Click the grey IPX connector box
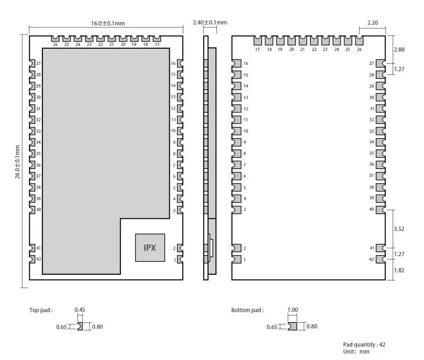150,248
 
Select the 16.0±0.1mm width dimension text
107,24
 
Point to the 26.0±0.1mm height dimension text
18,162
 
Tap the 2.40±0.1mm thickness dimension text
210,22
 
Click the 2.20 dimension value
373,22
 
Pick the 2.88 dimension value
399,50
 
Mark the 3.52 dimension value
399,229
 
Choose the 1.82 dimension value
399,270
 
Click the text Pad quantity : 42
364,344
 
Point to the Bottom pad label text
247,310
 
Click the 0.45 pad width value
79,310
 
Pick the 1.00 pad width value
293,310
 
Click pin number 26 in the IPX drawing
55,45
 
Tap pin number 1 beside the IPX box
174,259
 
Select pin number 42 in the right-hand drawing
372,259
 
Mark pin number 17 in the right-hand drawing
257,49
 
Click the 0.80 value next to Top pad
98,327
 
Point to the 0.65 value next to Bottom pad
272,327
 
